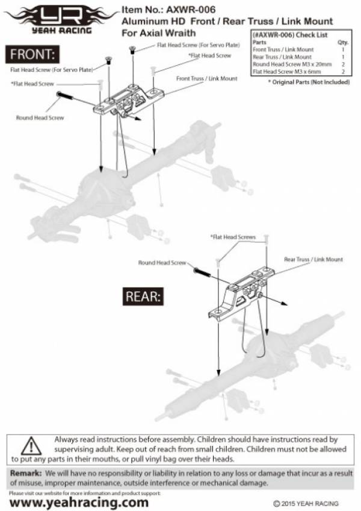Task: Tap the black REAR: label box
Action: click(143, 296)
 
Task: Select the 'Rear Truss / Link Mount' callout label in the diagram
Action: click(313, 259)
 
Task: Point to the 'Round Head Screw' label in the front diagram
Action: click(40, 118)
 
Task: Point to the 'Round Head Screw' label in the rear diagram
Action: click(162, 263)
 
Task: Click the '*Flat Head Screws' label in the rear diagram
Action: click(233, 237)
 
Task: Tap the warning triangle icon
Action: click(30, 447)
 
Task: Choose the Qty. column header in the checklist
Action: click(344, 43)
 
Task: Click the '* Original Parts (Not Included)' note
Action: click(309, 81)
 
